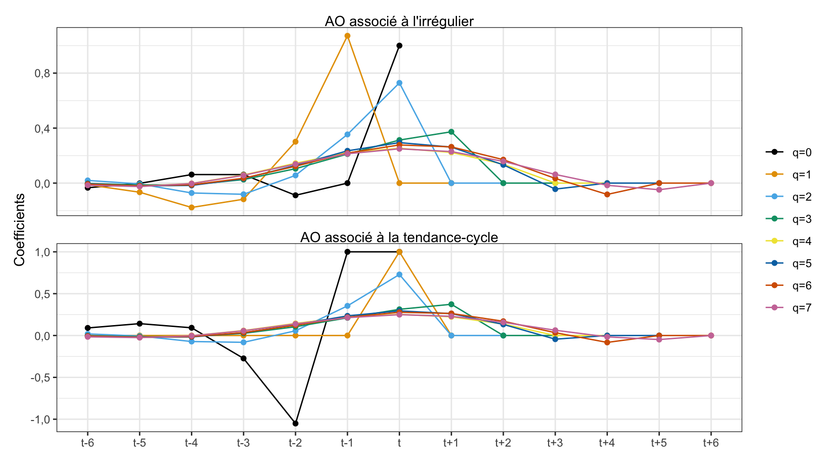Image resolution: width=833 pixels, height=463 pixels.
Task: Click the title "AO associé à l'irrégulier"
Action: (399, 21)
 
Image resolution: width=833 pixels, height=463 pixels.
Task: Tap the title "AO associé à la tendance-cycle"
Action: (399, 237)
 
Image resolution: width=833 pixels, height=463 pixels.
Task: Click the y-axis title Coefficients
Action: (19, 230)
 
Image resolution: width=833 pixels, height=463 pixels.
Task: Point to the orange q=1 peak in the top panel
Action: (347, 36)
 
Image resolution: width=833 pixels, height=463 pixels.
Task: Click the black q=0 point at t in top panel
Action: (399, 46)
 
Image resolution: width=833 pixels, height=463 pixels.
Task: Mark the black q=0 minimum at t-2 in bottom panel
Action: (296, 423)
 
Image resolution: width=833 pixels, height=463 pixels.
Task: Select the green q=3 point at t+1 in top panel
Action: (451, 132)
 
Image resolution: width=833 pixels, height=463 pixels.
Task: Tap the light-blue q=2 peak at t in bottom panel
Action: (399, 274)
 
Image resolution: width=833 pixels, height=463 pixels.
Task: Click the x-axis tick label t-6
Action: (87, 443)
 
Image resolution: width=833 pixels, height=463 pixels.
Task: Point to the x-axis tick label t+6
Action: (711, 443)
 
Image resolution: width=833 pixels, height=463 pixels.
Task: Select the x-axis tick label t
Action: (399, 443)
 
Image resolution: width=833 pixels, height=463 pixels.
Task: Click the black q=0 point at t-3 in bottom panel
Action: (243, 358)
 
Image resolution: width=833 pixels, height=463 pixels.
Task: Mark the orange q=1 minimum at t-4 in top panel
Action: (191, 207)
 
